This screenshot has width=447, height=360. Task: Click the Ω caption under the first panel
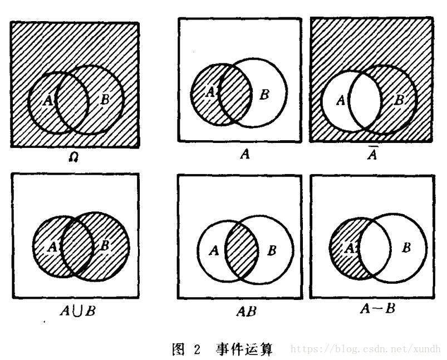point(74,157)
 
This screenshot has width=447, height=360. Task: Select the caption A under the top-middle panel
point(243,155)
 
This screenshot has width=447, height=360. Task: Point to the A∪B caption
point(77,310)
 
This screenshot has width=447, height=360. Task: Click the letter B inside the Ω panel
point(105,100)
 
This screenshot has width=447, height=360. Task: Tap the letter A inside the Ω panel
point(47,100)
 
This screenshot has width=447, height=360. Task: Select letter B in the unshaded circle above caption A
point(264,95)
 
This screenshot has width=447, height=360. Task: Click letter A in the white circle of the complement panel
point(341,101)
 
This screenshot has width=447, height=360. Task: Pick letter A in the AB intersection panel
point(213,251)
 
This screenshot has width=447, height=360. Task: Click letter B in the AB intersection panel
point(272,251)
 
